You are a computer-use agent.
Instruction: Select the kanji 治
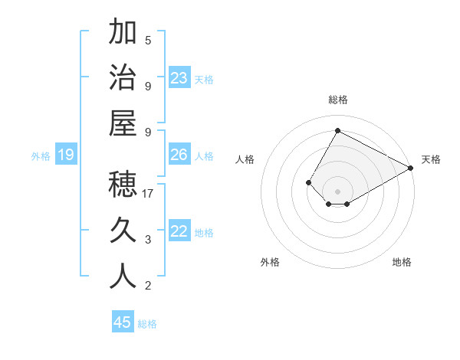click(123, 78)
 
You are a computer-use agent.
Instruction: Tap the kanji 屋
click(123, 124)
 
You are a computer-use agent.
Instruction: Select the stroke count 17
click(149, 194)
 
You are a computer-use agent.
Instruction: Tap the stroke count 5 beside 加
click(148, 40)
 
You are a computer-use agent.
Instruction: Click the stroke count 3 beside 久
click(148, 240)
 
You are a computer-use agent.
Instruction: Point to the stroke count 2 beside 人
click(148, 286)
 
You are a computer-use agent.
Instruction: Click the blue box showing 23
click(179, 78)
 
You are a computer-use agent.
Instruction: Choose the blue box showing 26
click(179, 155)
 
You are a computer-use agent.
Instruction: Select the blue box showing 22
click(179, 231)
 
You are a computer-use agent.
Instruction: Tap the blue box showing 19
click(65, 155)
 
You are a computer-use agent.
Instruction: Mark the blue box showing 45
click(123, 322)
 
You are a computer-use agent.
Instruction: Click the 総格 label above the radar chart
click(337, 100)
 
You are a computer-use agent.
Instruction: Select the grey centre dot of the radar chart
click(337, 191)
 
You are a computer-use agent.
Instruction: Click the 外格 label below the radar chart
click(270, 262)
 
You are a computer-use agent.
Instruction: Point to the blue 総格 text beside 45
click(147, 324)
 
